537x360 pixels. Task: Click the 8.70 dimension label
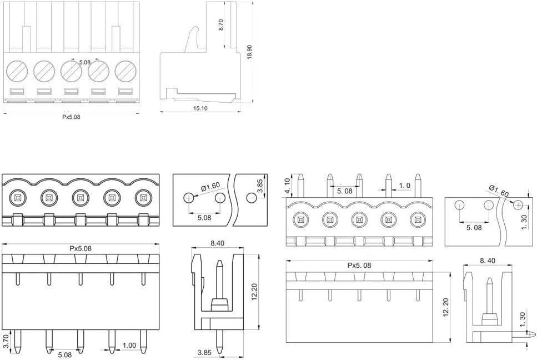[221, 24]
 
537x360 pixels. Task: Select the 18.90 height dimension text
[249, 52]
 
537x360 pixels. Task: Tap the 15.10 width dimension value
[200, 108]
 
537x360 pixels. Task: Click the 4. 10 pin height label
[287, 185]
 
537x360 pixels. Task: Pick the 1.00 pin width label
[129, 346]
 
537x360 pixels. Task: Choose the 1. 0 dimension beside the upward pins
[404, 186]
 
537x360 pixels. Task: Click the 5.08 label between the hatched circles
[84, 62]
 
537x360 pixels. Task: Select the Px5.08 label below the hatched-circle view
[71, 117]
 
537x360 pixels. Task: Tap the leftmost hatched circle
[17, 71]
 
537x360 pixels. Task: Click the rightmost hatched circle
[126, 71]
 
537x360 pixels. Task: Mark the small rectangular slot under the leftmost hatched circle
[17, 92]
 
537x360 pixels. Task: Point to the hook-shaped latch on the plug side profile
[193, 39]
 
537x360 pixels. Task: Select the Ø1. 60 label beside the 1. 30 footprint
[499, 191]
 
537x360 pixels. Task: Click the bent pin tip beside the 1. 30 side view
[529, 333]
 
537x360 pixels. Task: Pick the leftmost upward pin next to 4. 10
[300, 186]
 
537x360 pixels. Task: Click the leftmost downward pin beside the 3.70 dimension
[17, 342]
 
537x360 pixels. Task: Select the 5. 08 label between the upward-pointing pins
[344, 191]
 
